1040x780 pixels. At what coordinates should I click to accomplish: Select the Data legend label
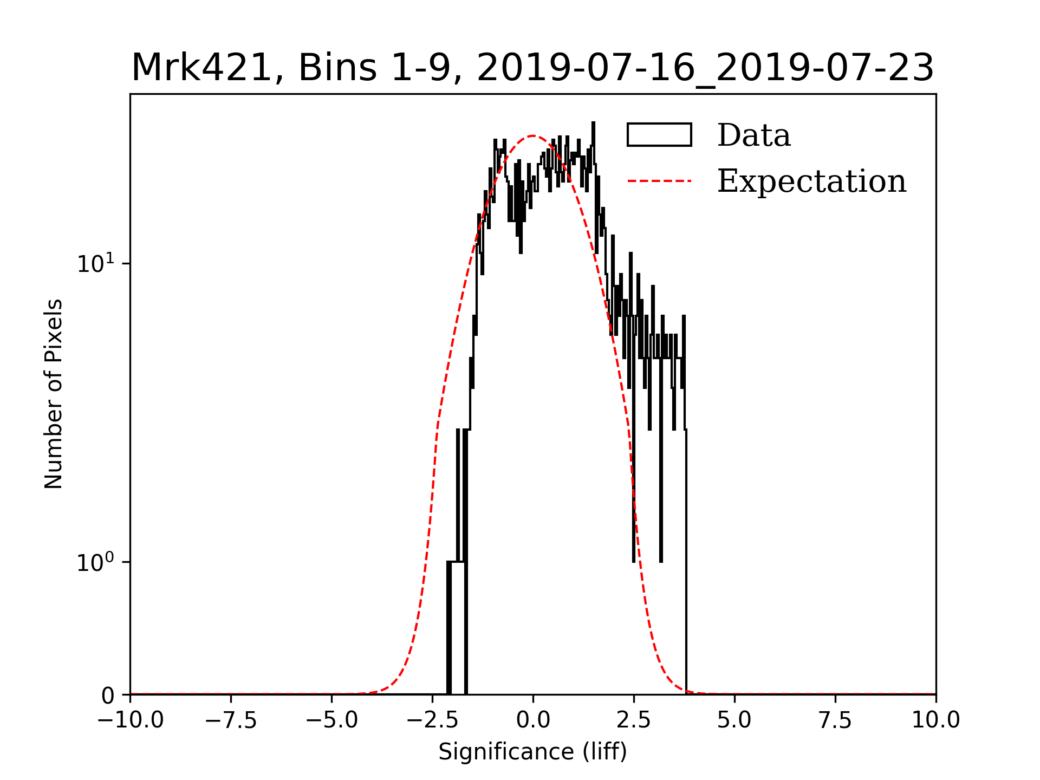point(753,135)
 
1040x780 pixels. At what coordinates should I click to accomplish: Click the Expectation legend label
point(811,181)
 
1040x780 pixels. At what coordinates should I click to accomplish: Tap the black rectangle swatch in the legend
point(659,135)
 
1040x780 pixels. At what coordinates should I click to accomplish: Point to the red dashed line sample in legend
point(659,181)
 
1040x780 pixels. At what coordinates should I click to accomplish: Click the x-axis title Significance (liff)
point(532,752)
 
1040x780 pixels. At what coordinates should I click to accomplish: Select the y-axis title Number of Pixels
point(54,394)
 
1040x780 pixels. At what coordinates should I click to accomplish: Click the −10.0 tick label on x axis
point(130,720)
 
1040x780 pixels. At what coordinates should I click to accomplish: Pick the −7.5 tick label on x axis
point(231,720)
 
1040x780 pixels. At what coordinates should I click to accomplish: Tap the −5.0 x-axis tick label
point(331,720)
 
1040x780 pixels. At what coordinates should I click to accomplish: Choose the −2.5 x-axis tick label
point(432,720)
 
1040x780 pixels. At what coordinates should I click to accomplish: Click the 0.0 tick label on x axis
point(533,720)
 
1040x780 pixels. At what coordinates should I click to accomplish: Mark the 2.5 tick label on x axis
point(634,720)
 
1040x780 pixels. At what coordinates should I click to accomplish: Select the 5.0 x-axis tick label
point(734,720)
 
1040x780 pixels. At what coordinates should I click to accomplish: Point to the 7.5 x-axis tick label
point(835,720)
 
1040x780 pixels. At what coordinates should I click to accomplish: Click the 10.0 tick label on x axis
point(936,720)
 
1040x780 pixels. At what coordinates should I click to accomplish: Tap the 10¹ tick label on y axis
point(96,263)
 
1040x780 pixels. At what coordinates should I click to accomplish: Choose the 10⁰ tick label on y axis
point(96,562)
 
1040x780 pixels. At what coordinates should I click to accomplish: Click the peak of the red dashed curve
point(533,136)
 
